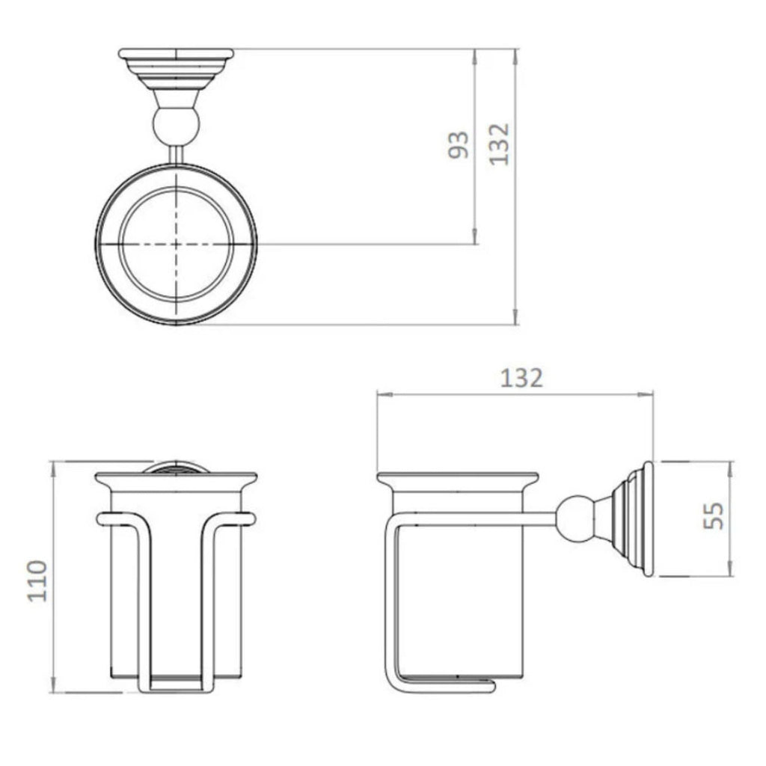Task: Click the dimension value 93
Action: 459,144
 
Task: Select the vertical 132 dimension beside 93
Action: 499,144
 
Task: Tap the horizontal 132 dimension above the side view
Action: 521,378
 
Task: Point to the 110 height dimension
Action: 37,580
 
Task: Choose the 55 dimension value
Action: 714,515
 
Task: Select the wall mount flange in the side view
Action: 631,519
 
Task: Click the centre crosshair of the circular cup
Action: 177,243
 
